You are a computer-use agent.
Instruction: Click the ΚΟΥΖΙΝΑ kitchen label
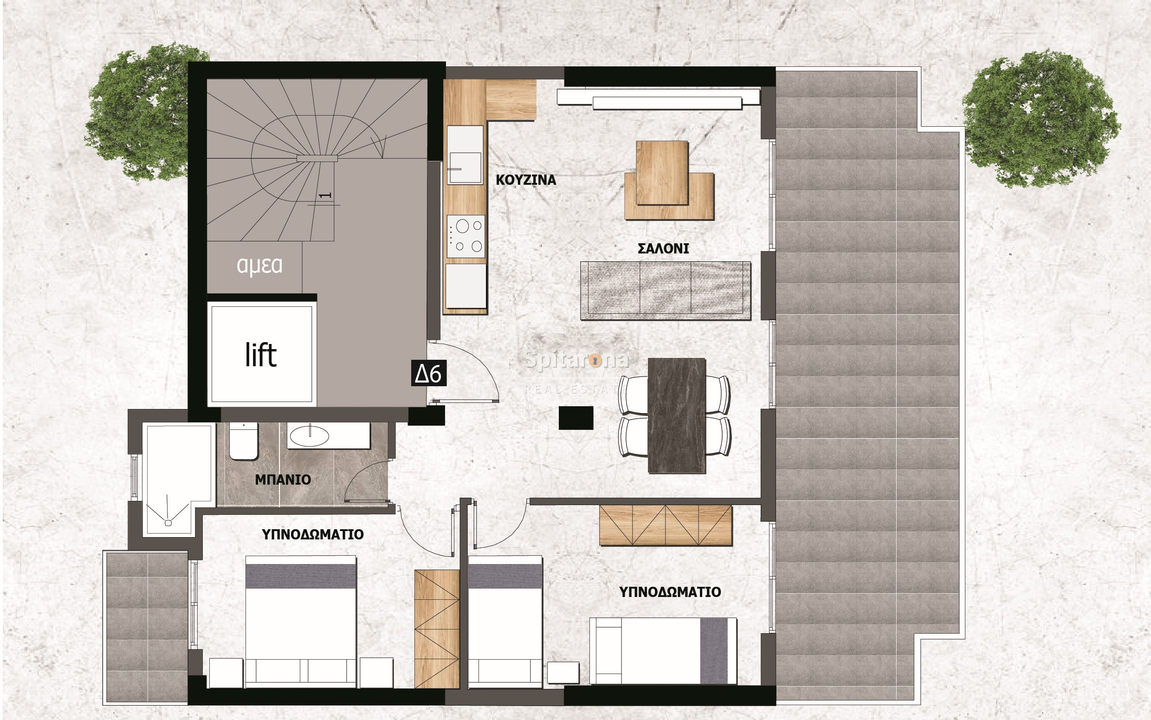pos(525,180)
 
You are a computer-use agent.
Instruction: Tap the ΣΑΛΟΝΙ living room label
pos(663,248)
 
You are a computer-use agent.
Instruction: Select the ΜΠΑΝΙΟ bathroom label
pos(283,480)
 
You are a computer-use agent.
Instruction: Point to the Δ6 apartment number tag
pos(428,373)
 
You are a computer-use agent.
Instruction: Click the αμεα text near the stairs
pos(259,265)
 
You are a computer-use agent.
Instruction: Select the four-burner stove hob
pos(466,236)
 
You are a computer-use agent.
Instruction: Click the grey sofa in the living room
pos(666,290)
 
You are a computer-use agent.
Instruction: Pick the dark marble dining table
pos(676,415)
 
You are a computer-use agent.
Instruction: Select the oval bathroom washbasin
pos(310,436)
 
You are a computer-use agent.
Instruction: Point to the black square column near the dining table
pos(576,418)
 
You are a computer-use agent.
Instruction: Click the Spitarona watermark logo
pos(576,359)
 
